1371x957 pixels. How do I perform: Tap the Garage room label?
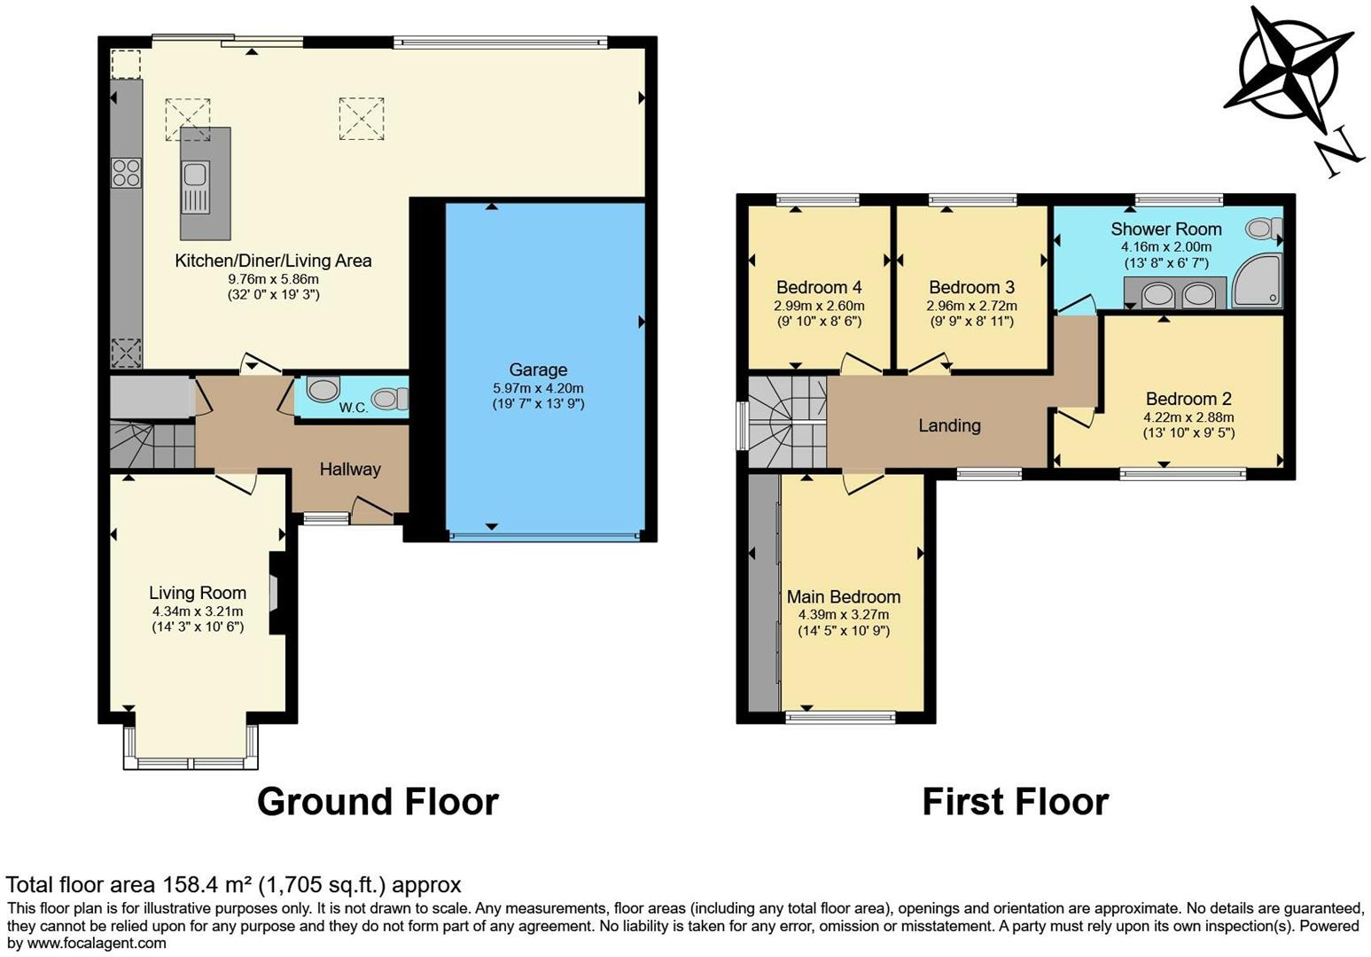click(x=538, y=370)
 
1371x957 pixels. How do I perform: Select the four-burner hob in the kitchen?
click(x=126, y=172)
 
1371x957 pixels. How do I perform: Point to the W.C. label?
click(x=353, y=408)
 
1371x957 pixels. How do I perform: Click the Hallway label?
click(x=350, y=469)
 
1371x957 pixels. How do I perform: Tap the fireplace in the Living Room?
click(x=275, y=593)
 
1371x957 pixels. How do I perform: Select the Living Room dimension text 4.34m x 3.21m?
click(x=198, y=611)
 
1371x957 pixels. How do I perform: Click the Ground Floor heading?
click(x=378, y=802)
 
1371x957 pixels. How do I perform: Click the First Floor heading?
click(x=1015, y=802)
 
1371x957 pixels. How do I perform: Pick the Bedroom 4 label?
click(x=819, y=287)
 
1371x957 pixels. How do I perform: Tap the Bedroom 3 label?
click(x=971, y=287)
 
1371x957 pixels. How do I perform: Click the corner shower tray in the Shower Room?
click(x=1257, y=280)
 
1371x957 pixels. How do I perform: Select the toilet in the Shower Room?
click(x=1263, y=230)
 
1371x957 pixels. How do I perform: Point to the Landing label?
click(x=949, y=425)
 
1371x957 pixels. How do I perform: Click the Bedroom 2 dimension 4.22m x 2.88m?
click(x=1188, y=417)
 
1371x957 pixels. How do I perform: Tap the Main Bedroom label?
click(x=844, y=596)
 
